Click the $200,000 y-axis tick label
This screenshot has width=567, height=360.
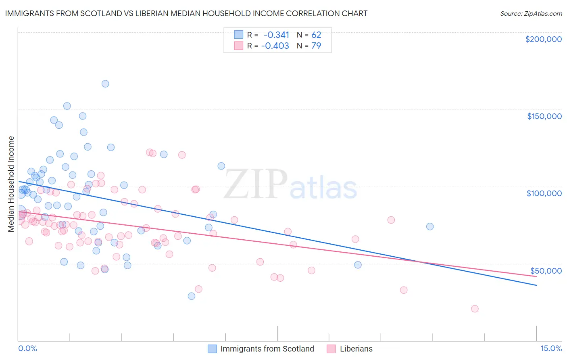543,39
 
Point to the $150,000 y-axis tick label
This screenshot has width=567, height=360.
544,116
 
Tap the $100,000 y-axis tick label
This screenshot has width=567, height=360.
544,193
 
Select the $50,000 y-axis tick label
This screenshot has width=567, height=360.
546,270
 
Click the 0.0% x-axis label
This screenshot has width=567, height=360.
27,349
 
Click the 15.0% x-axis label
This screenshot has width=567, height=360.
551,349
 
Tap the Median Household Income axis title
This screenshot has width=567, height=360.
11,184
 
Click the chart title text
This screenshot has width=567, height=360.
186,13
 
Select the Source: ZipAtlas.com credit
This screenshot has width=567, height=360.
531,14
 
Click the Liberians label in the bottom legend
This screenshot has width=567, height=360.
356,349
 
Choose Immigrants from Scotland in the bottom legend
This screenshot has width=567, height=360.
267,349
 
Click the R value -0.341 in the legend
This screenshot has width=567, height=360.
276,35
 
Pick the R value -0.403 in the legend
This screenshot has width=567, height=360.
275,46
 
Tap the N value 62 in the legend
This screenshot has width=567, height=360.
316,35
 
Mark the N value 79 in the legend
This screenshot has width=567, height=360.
316,46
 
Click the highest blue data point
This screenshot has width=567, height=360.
105,84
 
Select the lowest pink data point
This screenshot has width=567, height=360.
475,309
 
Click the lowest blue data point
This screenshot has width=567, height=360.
192,296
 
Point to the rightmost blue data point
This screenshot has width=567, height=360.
430,226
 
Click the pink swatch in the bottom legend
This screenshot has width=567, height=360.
331,349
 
